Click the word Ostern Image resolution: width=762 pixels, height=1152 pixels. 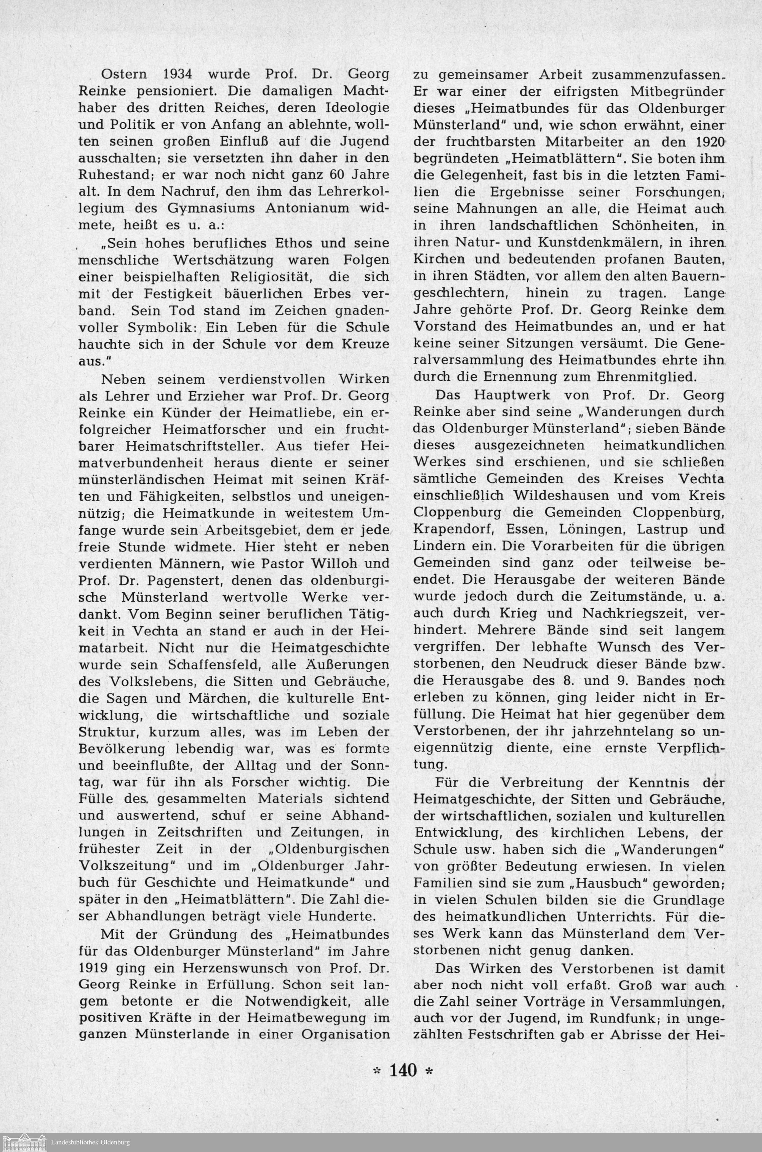click(123, 75)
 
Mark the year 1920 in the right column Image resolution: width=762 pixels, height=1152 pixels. click(708, 142)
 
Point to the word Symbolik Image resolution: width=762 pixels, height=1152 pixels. click(158, 327)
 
